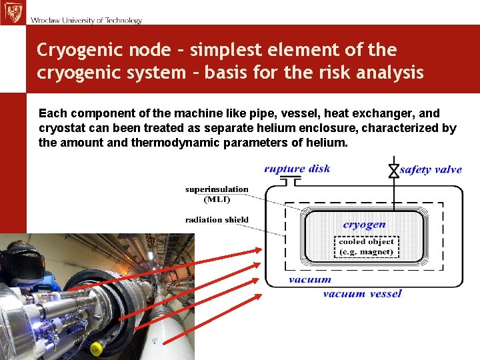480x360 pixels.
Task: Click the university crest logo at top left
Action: tap(12, 12)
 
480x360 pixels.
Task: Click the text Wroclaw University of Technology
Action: tap(86, 20)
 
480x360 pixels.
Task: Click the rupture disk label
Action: tap(297, 169)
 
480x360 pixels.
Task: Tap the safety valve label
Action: tap(431, 169)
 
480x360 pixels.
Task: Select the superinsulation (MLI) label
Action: tap(217, 193)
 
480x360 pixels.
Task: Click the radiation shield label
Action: tap(217, 219)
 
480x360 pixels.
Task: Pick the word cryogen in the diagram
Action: tap(364, 225)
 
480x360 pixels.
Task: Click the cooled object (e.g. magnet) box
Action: tap(366, 247)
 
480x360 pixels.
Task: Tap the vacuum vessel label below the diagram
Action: tap(362, 293)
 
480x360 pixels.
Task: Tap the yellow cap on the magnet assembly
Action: tap(96, 349)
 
